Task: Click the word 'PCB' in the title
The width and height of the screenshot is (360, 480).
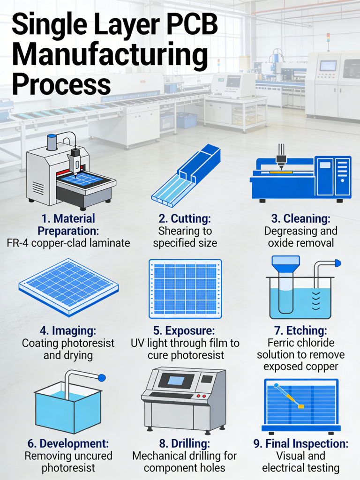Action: [x=185, y=25]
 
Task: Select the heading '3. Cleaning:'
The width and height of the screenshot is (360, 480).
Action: [x=300, y=218]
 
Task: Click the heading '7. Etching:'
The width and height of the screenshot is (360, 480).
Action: [x=300, y=330]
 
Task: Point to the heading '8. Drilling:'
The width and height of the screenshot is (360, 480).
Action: [x=184, y=443]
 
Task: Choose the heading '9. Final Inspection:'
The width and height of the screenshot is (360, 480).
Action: [x=300, y=443]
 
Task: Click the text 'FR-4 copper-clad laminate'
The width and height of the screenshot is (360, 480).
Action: [x=68, y=243]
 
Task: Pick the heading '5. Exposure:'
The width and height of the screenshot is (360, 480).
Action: [x=184, y=330]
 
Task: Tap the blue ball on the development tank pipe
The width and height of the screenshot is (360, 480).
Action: [x=102, y=377]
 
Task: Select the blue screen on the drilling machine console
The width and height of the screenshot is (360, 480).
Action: [x=175, y=381]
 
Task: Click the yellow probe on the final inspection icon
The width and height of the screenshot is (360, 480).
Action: [x=288, y=397]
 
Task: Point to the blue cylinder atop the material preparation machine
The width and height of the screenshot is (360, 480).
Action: [x=52, y=142]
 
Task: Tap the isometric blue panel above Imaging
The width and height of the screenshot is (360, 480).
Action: [x=68, y=286]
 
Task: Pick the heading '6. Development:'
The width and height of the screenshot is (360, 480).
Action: [x=68, y=443]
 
